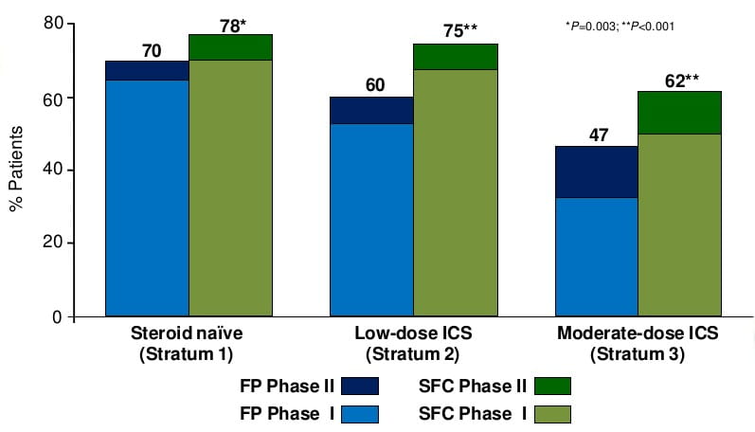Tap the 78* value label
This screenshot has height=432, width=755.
(x=232, y=22)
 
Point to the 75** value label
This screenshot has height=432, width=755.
(x=458, y=31)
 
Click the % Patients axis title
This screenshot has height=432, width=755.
(x=16, y=171)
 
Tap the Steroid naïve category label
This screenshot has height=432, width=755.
(x=189, y=337)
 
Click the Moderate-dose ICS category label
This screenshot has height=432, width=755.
(x=638, y=337)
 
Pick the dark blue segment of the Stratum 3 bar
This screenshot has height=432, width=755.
(x=596, y=171)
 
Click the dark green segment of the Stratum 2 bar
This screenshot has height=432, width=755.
(x=456, y=57)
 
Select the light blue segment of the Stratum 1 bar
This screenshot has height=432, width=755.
(x=147, y=198)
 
